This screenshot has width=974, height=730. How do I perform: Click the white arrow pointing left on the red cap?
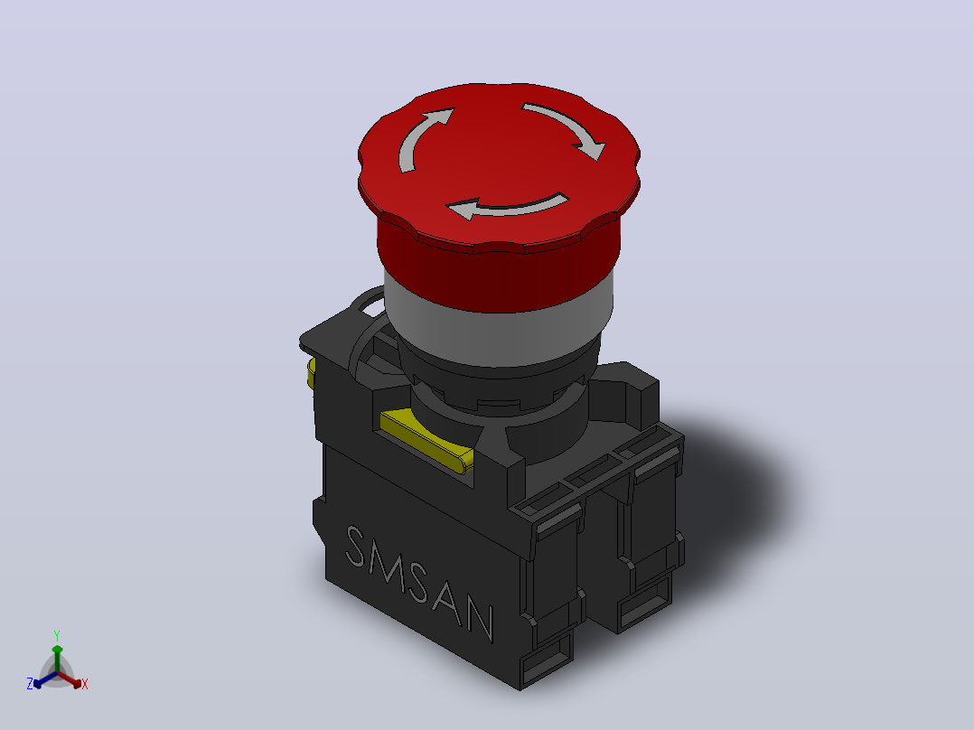click(506, 208)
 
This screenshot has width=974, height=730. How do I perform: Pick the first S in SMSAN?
click(355, 546)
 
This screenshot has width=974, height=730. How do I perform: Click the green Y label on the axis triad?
click(57, 636)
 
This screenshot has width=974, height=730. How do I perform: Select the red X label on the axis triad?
click(85, 684)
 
